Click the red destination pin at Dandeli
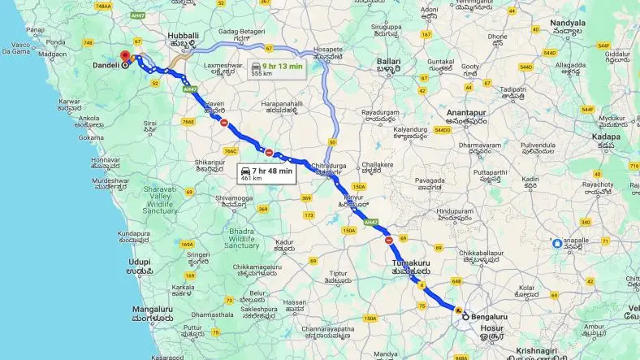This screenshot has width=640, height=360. point(125,57)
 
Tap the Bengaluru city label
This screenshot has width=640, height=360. point(491,316)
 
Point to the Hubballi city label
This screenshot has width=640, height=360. point(183,37)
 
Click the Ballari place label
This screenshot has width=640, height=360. point(390,61)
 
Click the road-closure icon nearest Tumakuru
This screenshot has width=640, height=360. point(389,240)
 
